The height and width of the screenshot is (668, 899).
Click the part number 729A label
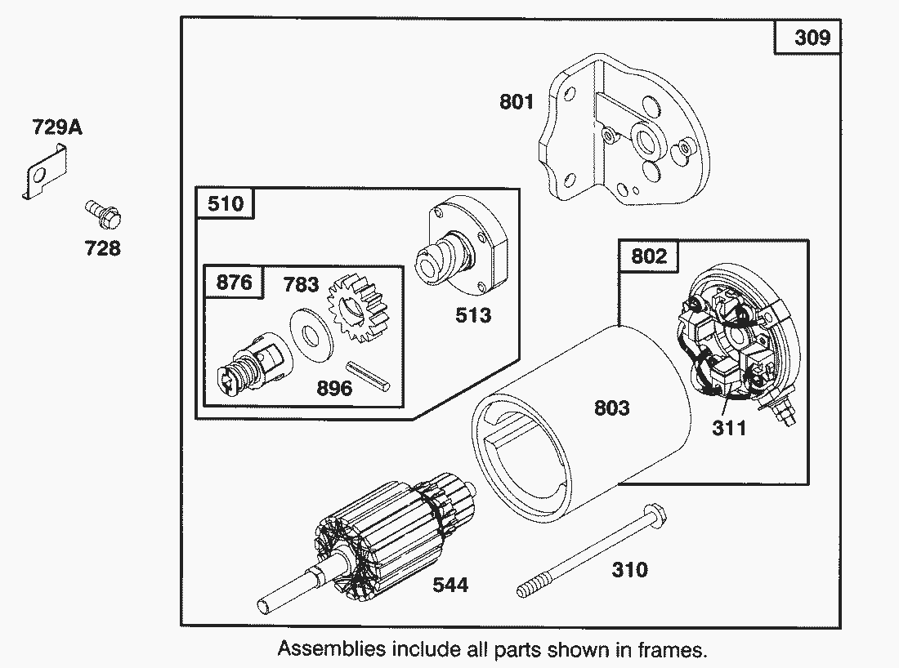pyautogui.click(x=57, y=127)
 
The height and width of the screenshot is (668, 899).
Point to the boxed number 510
pyautogui.click(x=226, y=203)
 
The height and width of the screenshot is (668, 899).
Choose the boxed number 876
pyautogui.click(x=234, y=283)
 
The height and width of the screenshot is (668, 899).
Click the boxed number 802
pyautogui.click(x=649, y=256)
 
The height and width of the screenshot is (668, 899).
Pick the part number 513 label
pyautogui.click(x=473, y=314)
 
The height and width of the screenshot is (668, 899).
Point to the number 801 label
pyautogui.click(x=517, y=102)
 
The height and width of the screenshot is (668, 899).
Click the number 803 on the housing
pyautogui.click(x=611, y=407)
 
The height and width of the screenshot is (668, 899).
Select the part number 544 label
pyautogui.click(x=450, y=585)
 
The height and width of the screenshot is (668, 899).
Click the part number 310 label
pyautogui.click(x=629, y=569)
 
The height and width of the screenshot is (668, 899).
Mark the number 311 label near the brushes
pyautogui.click(x=729, y=427)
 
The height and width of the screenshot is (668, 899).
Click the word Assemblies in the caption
pyautogui.click(x=331, y=649)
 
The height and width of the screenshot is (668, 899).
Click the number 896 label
pyautogui.click(x=334, y=388)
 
